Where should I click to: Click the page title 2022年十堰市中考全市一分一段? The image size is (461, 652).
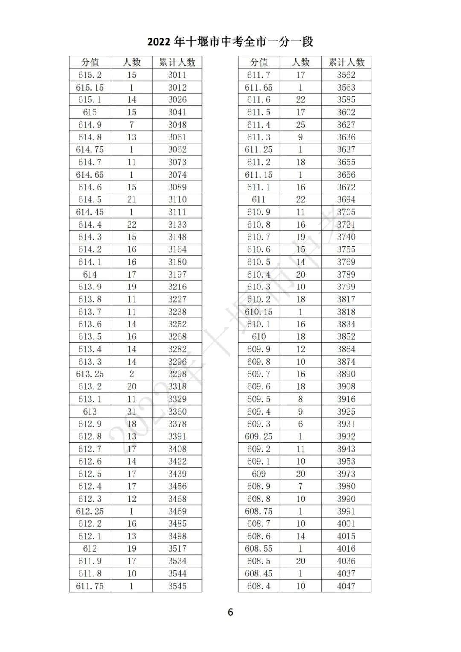(230, 41)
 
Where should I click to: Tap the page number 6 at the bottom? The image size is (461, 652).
(230, 612)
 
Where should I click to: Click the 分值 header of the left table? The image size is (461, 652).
(90, 62)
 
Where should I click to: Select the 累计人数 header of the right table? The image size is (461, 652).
(346, 62)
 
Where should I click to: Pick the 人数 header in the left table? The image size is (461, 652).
(131, 62)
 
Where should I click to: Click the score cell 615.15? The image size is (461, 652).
(90, 88)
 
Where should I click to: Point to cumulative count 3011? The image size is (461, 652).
(177, 75)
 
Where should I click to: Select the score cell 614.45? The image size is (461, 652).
(90, 212)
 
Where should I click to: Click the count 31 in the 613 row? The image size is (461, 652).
(131, 412)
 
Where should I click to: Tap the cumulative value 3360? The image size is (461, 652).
(177, 412)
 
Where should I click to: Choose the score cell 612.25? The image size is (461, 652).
(90, 511)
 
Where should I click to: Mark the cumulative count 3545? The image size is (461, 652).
(177, 586)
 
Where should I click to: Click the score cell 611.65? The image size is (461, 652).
(259, 88)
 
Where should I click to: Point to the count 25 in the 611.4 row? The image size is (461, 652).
(301, 125)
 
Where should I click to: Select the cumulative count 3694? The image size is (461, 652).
(346, 200)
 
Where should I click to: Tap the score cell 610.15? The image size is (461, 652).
(259, 312)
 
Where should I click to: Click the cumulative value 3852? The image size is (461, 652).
(346, 337)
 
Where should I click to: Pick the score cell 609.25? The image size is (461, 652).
(259, 436)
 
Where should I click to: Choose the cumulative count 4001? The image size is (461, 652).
(346, 524)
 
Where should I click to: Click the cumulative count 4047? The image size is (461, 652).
(346, 586)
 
